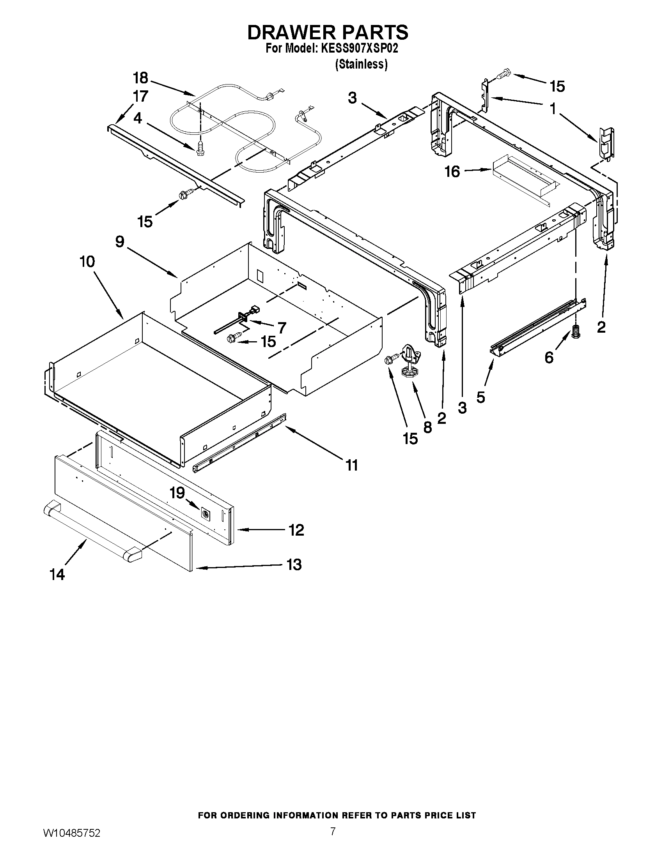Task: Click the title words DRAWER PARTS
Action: point(328,32)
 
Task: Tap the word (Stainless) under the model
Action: point(361,64)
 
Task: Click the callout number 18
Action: point(140,78)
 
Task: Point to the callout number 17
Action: point(140,96)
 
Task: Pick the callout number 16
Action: point(452,171)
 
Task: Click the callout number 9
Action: point(120,242)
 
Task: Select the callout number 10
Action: point(87,261)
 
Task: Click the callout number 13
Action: point(294,565)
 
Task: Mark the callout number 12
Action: point(296,530)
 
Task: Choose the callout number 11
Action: point(351,466)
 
